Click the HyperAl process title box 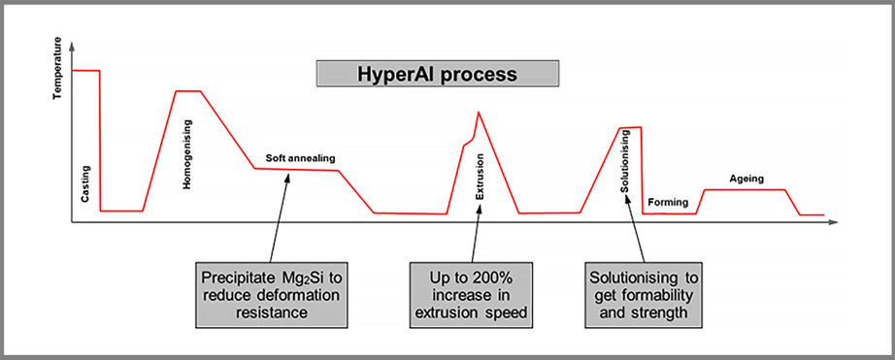(x=439, y=74)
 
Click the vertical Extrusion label (x=479, y=183)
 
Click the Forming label (x=668, y=202)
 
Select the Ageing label (x=746, y=179)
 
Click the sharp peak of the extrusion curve (x=478, y=113)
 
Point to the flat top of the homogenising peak (x=187, y=91)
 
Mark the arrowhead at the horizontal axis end (x=833, y=223)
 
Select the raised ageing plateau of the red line (x=744, y=190)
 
